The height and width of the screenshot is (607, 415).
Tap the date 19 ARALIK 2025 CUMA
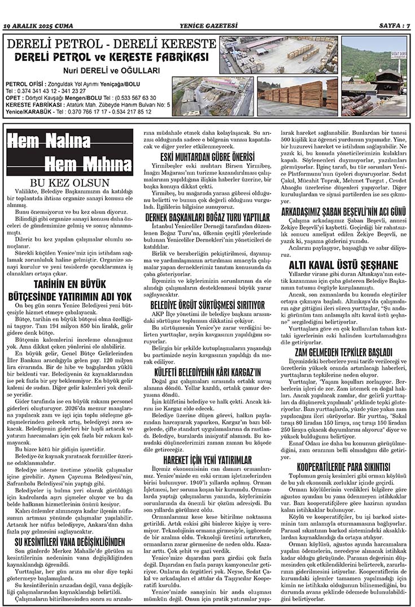pyautogui.click(x=37, y=25)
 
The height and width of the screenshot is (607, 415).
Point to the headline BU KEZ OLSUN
pyautogui.click(x=69, y=183)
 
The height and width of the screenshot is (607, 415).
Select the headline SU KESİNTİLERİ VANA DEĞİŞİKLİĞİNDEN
pyautogui.click(x=69, y=542)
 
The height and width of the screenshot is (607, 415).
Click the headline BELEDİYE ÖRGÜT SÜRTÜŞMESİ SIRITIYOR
pyautogui.click(x=207, y=305)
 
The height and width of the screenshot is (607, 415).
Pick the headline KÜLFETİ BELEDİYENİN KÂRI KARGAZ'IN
pyautogui.click(x=207, y=356)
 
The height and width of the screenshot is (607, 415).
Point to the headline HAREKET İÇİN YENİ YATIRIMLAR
pyautogui.click(x=207, y=461)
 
